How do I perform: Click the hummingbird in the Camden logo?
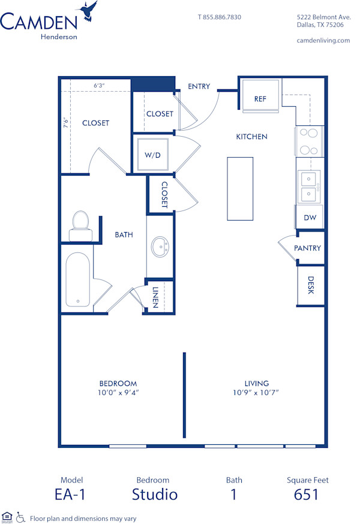point(89,11)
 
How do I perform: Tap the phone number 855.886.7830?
point(220,17)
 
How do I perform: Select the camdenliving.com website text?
point(323,40)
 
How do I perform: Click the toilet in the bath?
point(79,222)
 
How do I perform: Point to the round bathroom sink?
point(160,246)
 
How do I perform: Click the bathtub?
point(78,279)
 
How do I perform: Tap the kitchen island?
point(240,188)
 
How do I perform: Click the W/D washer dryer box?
point(153,155)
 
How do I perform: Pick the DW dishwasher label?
point(310,218)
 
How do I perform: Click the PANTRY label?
point(307,248)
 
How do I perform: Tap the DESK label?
point(311,285)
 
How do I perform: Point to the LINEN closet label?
point(155,297)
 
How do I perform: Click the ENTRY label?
point(199,86)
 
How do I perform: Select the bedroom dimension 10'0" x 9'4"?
point(118,393)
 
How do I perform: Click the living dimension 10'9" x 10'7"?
point(256,393)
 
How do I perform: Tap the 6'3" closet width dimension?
point(99,86)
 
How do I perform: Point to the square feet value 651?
point(306,495)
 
